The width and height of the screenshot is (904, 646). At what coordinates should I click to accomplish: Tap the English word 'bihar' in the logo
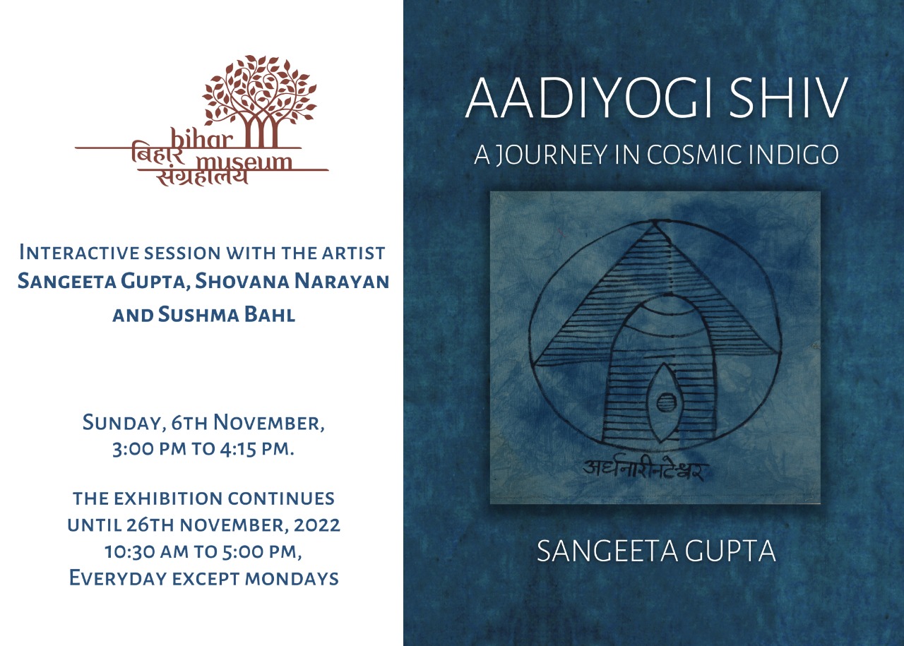pyautogui.click(x=202, y=138)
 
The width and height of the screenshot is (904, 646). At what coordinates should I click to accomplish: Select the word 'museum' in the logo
pyautogui.click(x=244, y=162)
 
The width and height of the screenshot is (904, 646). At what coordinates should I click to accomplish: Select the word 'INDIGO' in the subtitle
pyautogui.click(x=794, y=155)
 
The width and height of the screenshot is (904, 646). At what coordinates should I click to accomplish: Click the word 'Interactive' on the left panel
pyautogui.click(x=78, y=253)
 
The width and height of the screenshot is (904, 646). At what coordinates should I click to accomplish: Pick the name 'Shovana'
pyautogui.click(x=242, y=281)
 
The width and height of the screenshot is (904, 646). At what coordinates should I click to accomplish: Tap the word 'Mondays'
pyautogui.click(x=292, y=578)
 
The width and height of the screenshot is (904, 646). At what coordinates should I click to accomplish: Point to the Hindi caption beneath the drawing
pyautogui.click(x=643, y=471)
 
